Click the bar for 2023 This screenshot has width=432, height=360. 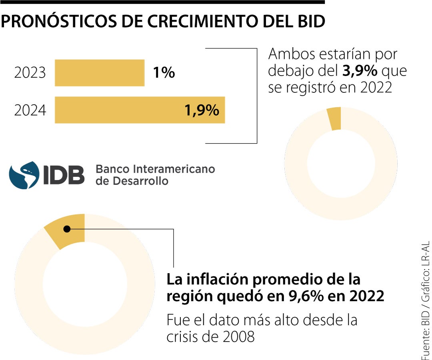[100, 73]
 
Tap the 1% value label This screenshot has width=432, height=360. [164, 73]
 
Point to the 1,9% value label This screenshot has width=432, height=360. [202, 110]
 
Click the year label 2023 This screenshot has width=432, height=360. [30, 73]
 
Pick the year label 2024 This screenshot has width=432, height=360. [30, 110]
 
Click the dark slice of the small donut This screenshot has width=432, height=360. [334, 118]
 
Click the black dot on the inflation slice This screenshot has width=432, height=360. [67, 229]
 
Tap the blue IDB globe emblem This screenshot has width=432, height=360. [24, 175]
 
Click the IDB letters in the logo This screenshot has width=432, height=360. [64, 175]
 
